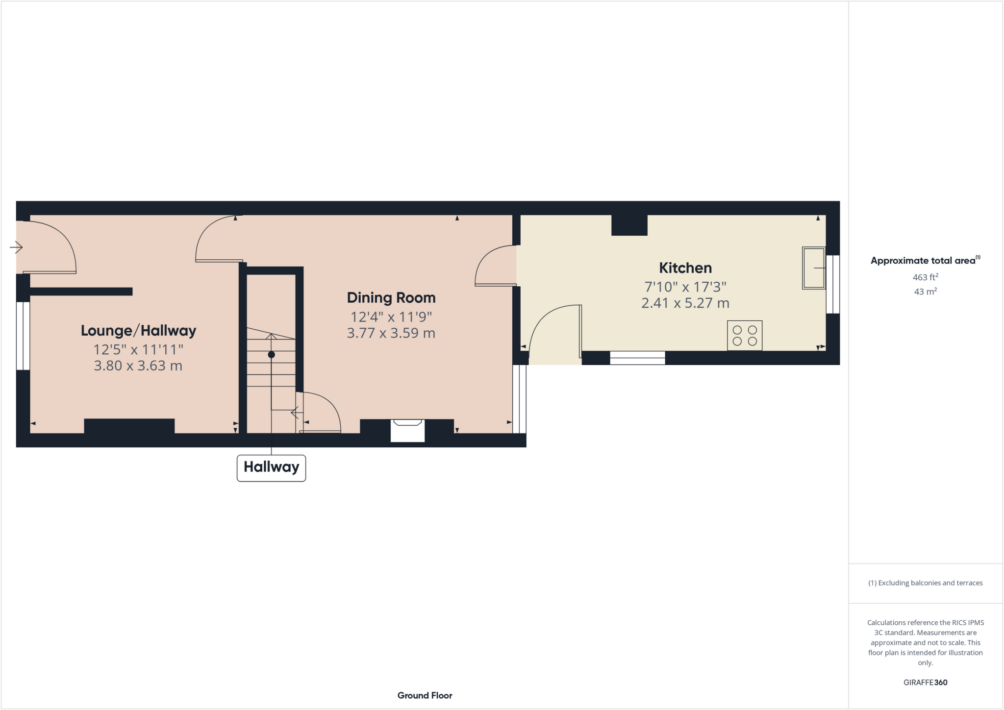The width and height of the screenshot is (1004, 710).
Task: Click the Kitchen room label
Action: (685, 268)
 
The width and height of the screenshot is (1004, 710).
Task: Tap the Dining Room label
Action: (391, 298)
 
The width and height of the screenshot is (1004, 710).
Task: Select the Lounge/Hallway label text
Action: (138, 331)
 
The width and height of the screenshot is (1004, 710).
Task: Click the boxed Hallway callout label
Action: (271, 467)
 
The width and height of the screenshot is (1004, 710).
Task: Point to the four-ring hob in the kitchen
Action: (744, 336)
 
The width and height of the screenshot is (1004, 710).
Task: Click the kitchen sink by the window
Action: (813, 268)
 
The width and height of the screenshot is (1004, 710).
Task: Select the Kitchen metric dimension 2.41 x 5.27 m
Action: (685, 303)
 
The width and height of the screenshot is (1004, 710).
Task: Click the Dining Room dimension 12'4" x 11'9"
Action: (391, 317)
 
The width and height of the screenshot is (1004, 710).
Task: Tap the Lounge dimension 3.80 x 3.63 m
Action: (138, 366)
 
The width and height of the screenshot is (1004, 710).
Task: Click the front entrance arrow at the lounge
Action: (16, 247)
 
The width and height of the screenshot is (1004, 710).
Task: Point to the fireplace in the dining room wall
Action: (407, 430)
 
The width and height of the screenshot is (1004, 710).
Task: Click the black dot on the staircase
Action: (271, 355)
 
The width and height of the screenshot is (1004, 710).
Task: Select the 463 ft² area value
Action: (925, 277)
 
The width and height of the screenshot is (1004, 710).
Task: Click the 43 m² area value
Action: (925, 292)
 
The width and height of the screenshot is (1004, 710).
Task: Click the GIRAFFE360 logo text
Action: (925, 683)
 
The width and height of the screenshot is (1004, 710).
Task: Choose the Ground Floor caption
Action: (425, 696)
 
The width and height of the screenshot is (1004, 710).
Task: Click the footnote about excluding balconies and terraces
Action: (925, 583)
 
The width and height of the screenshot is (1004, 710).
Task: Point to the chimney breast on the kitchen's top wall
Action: (629, 225)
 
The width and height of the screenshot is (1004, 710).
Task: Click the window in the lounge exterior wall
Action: (23, 336)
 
